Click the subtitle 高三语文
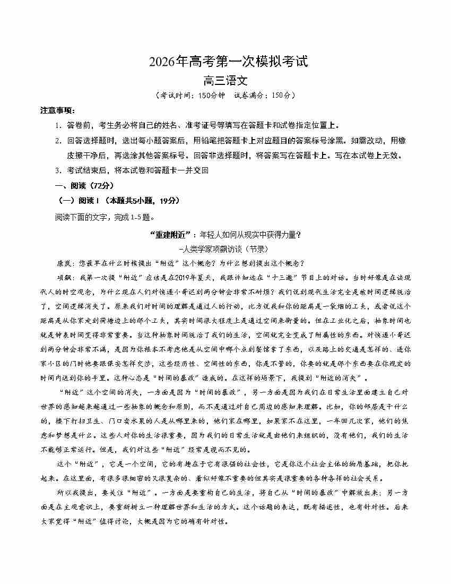pos(226,81)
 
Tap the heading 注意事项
pos(58,110)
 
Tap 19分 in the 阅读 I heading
pos(169,201)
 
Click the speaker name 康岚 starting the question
pos(64,263)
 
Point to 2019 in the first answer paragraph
pos(169,277)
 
